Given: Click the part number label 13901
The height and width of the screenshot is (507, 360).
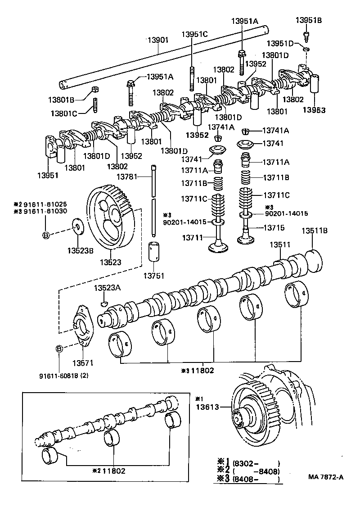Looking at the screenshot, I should point(157,40).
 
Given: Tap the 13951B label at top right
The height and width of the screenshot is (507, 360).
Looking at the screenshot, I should point(309,20).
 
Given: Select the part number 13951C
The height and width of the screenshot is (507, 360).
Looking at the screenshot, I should point(195,34).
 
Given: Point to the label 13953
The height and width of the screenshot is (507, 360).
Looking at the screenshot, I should point(314,109).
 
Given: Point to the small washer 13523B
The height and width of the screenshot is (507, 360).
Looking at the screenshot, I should point(78,226).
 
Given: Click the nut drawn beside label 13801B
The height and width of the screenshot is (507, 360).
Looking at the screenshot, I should point(95,88).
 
